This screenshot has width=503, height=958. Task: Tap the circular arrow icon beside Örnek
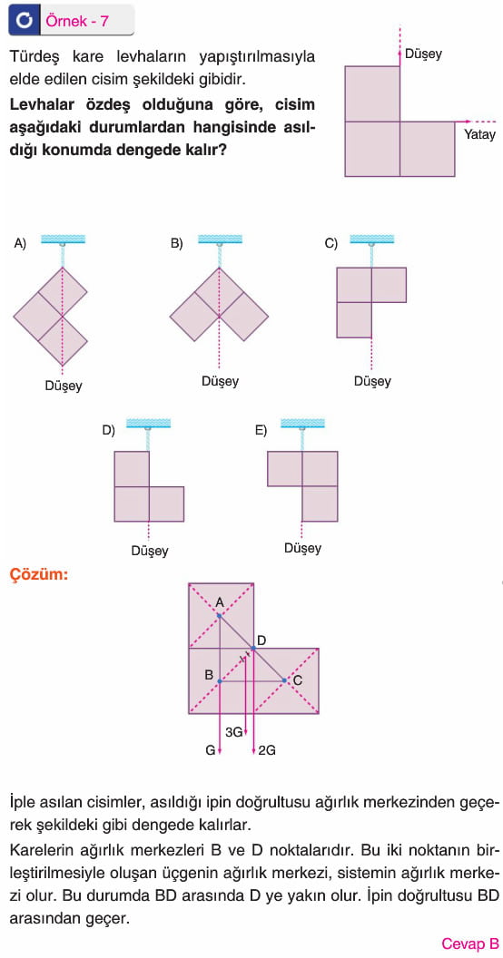click(25, 21)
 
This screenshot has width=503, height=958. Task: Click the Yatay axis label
click(480, 136)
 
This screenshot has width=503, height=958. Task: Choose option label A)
click(20, 243)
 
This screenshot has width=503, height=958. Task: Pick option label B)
click(177, 243)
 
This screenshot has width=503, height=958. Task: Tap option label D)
click(108, 430)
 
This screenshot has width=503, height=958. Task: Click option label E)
click(261, 430)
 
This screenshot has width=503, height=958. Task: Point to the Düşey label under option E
click(302, 548)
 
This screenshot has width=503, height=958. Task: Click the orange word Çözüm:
click(39, 574)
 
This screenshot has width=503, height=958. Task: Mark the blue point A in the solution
click(220, 615)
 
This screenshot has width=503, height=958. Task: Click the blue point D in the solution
click(252, 648)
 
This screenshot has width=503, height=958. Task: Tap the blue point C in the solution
click(284, 680)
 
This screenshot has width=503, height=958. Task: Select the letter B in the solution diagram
click(209, 676)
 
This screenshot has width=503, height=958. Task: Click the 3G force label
click(234, 731)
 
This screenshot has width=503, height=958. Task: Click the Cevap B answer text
click(470, 943)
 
